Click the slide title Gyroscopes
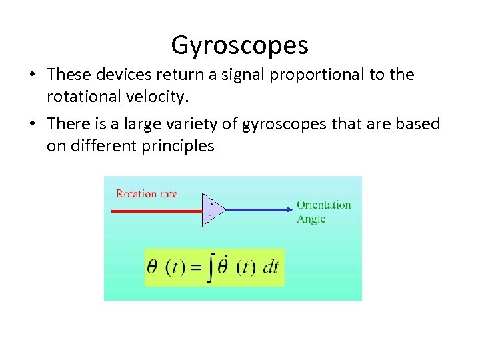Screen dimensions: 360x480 tap(239, 45)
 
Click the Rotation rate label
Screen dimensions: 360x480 tap(147, 194)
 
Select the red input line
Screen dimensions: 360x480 tap(156, 210)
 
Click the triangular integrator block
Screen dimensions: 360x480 tap(211, 210)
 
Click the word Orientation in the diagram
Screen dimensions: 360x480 tap(323, 205)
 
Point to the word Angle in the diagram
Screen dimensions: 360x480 tap(311, 219)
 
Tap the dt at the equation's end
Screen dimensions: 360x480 tap(271, 268)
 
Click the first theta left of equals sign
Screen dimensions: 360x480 tap(153, 268)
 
